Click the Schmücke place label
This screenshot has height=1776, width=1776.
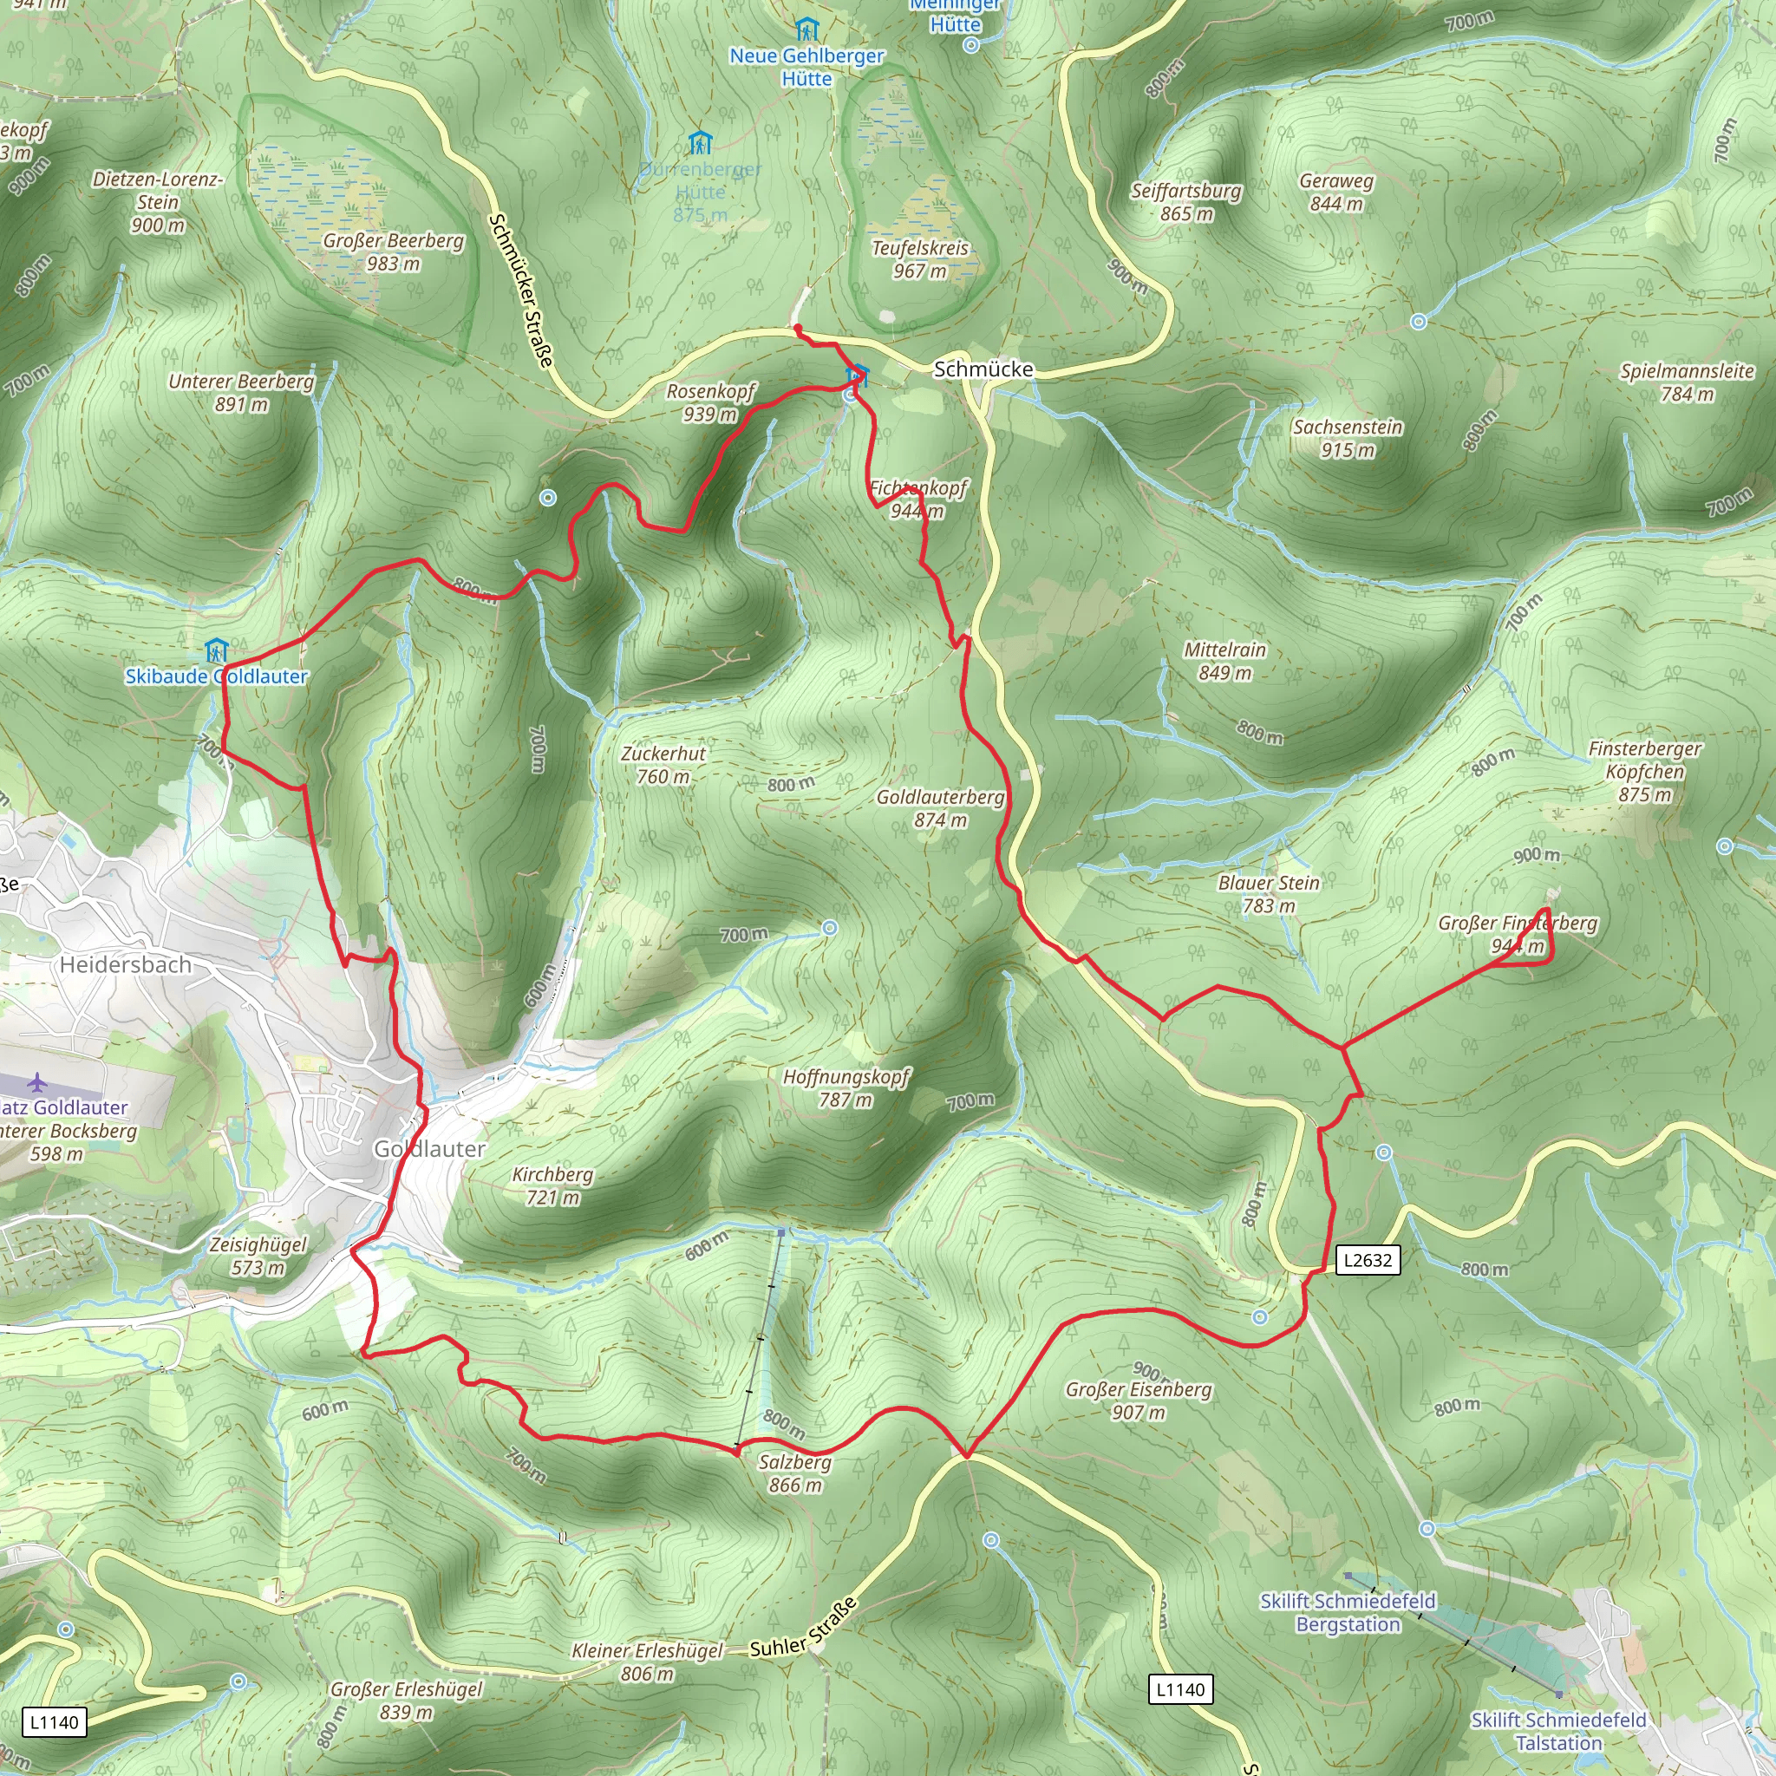(x=983, y=369)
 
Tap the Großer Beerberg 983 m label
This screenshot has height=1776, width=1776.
(x=394, y=251)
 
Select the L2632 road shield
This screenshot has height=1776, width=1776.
(x=1367, y=1259)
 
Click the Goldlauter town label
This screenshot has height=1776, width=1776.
(x=429, y=1149)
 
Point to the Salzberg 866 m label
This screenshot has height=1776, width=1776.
(x=795, y=1472)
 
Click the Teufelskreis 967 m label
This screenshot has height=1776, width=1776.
(x=920, y=259)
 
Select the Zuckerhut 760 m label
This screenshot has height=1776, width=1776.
(x=663, y=765)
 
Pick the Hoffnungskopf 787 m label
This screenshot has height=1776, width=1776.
(x=846, y=1087)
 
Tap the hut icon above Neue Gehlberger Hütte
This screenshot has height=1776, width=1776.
(x=806, y=29)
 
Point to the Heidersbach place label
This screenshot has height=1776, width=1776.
(x=126, y=964)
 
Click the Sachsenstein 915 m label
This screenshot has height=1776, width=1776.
(x=1348, y=439)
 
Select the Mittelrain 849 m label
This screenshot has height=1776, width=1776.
(x=1224, y=661)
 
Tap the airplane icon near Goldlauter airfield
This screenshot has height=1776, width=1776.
(x=36, y=1082)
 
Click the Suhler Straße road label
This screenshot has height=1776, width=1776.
(x=805, y=1629)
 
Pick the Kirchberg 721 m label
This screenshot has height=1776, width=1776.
(x=552, y=1185)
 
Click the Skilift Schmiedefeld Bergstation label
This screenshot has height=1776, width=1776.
(x=1348, y=1612)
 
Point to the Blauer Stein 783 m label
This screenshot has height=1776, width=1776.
(x=1269, y=894)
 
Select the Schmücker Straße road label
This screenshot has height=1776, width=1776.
(x=521, y=291)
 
